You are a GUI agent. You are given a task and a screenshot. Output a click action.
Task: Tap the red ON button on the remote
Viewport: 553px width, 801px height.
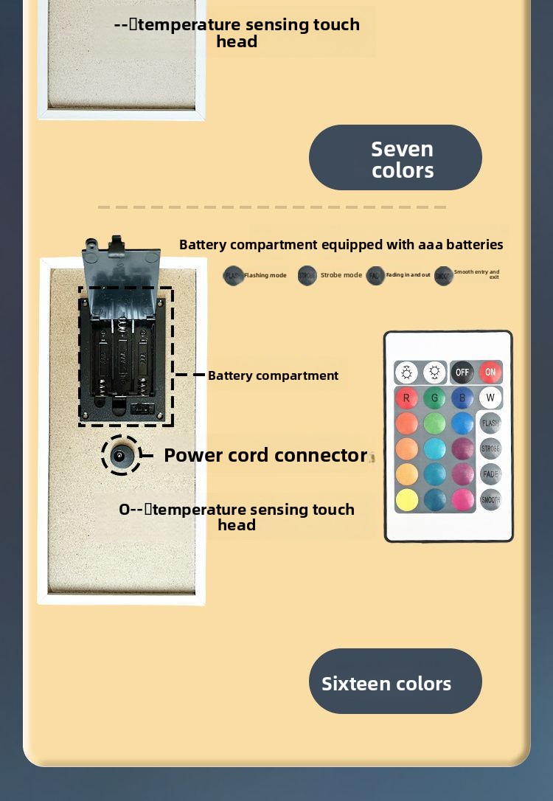490,372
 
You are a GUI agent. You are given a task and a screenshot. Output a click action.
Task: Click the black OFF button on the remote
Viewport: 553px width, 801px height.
462,372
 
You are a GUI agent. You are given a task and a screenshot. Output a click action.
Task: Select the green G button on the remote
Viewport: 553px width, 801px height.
434,398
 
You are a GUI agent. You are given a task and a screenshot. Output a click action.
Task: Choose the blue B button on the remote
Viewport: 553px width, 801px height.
462,398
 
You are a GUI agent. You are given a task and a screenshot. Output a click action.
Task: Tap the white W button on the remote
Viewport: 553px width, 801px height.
490,398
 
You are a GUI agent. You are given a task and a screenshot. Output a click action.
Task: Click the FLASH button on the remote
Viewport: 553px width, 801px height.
490,423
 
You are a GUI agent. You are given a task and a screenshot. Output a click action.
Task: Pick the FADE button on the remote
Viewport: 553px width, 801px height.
490,474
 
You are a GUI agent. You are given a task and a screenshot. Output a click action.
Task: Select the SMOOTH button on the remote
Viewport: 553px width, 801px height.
490,499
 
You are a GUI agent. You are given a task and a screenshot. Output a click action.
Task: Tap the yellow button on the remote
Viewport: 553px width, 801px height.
406,500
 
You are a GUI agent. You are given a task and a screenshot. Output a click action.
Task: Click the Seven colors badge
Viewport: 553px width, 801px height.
395,158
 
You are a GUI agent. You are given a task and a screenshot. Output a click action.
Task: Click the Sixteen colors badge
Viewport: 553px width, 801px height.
395,682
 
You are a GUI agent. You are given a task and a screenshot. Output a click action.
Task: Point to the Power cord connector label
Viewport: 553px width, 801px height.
265,455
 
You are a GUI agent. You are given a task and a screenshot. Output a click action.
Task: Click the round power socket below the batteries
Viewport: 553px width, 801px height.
120,456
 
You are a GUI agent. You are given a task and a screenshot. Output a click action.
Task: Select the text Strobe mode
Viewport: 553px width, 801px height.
341,275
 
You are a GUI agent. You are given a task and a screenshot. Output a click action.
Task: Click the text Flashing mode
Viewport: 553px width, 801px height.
265,276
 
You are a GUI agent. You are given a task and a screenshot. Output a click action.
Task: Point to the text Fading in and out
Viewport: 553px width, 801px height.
408,275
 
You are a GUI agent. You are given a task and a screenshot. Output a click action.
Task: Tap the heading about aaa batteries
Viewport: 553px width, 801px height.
341,244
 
